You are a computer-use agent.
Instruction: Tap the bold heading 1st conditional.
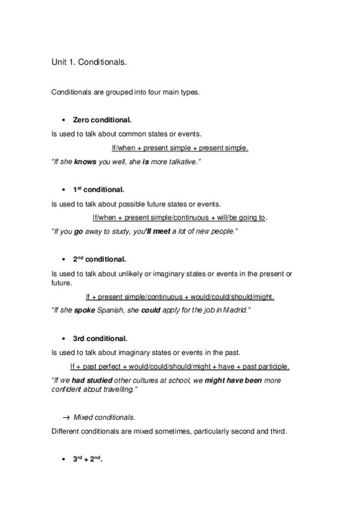(x=99, y=189)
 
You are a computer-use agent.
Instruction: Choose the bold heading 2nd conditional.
(x=99, y=259)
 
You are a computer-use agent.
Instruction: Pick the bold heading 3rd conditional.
(x=99, y=338)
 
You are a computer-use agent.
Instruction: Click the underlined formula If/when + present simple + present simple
(x=180, y=147)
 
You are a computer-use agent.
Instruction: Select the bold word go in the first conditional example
(x=78, y=231)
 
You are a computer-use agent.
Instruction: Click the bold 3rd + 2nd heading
(x=88, y=459)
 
